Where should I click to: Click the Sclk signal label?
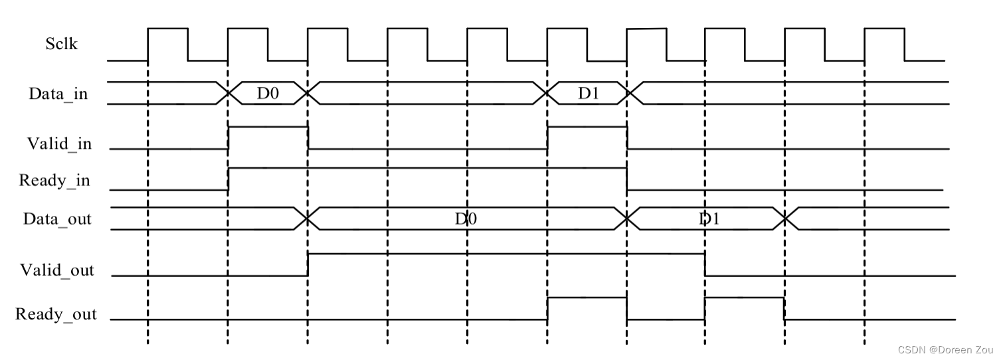coord(61,45)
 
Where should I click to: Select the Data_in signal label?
coord(58,94)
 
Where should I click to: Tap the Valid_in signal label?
coord(59,143)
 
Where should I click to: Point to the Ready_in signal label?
coord(54,180)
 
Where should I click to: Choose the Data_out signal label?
coord(57,219)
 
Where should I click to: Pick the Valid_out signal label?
coord(57,270)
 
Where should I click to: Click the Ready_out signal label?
coord(56,314)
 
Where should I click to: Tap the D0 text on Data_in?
coord(268,94)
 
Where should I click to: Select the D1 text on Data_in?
coord(588,94)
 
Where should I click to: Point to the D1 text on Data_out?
coord(709,219)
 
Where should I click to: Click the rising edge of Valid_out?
coord(308,264)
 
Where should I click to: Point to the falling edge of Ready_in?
coord(627,179)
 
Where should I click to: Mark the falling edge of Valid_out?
coord(705,264)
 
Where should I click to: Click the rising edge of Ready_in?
coord(228,179)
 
